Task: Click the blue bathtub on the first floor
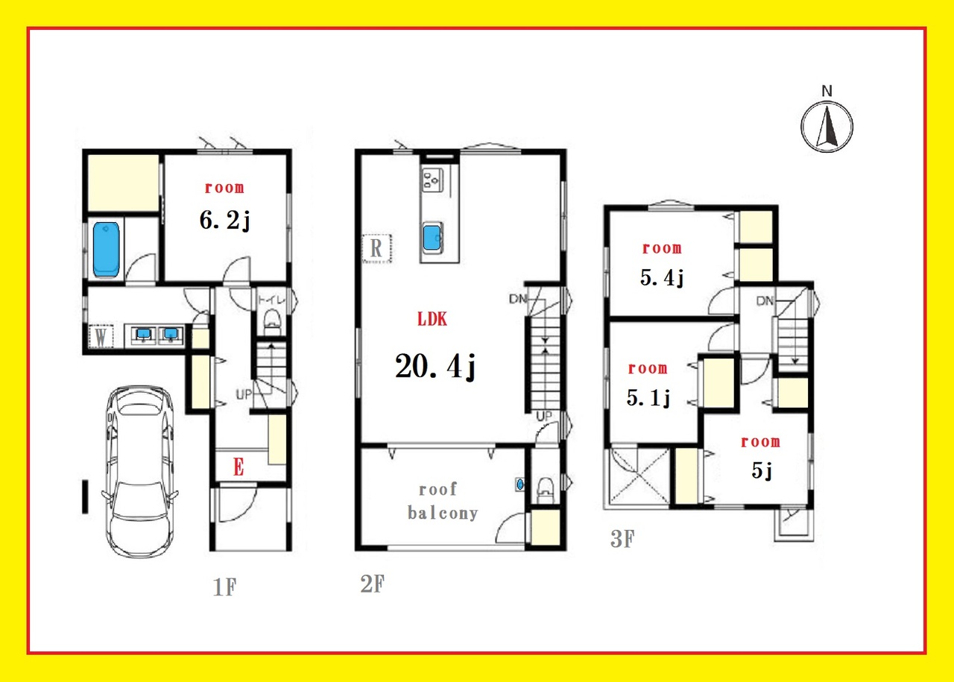(106, 250)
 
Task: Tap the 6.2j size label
(225, 221)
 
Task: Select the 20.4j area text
(435, 367)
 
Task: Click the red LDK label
(432, 319)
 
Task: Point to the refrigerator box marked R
(376, 248)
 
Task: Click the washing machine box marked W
(101, 337)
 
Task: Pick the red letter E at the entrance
(238, 467)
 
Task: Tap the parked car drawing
(139, 471)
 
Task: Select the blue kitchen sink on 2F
(432, 237)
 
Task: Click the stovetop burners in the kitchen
(432, 180)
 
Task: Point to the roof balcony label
(443, 502)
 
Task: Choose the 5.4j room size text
(662, 278)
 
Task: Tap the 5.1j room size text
(648, 398)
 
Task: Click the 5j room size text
(762, 471)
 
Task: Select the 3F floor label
(622, 538)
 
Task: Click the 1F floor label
(224, 587)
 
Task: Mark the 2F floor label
(373, 584)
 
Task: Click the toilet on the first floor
(273, 323)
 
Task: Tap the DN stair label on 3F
(765, 300)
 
